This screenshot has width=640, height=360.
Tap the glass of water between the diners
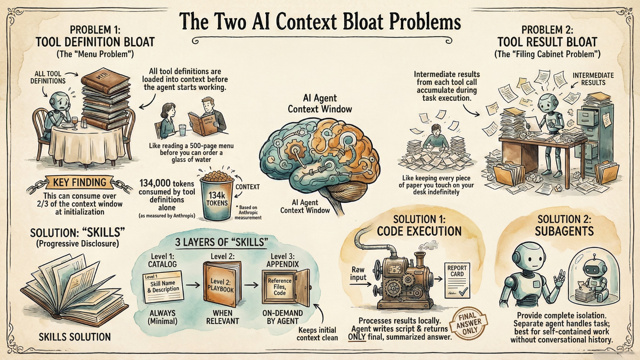182,130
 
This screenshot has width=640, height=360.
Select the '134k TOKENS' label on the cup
217,199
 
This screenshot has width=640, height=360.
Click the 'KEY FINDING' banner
80,182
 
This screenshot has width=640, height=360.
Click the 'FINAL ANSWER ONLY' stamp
468,323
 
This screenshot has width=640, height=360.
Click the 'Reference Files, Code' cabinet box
279,287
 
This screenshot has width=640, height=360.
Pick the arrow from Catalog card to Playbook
193,285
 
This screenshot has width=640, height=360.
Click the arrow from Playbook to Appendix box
251,285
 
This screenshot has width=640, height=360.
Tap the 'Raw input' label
358,273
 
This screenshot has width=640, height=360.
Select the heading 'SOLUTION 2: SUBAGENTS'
564,225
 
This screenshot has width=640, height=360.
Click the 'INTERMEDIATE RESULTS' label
593,79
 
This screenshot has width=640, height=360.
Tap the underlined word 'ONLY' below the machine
357,337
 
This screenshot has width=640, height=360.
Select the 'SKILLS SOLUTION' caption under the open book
75,337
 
